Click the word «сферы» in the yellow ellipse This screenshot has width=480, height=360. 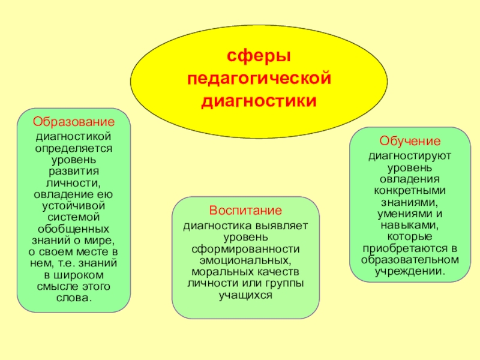(x=259, y=56)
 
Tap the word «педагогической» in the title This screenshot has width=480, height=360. (x=259, y=78)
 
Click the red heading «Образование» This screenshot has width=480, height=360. (x=74, y=121)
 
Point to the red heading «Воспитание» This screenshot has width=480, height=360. (x=245, y=211)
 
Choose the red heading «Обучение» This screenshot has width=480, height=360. (x=410, y=142)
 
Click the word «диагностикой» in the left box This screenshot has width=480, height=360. (x=74, y=137)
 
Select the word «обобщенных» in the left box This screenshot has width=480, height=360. (x=74, y=229)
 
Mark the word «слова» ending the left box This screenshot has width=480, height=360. (x=73, y=298)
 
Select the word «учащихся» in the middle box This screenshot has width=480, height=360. (x=245, y=295)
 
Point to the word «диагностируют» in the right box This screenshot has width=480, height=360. (x=410, y=157)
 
